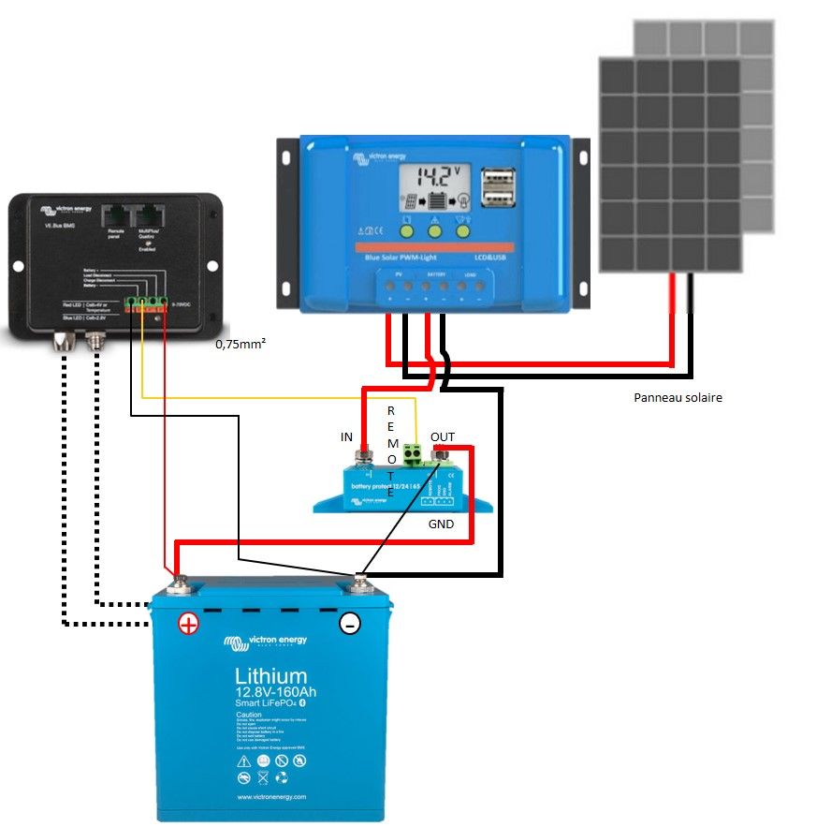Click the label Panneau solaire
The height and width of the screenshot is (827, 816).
(678, 397)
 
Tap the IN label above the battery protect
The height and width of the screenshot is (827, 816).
(346, 437)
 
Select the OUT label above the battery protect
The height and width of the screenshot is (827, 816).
(443, 437)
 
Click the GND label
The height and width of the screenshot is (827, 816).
(441, 524)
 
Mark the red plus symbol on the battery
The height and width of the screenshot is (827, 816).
(189, 624)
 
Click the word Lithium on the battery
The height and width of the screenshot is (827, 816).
(270, 676)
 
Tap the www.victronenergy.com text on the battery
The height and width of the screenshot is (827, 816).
(271, 797)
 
